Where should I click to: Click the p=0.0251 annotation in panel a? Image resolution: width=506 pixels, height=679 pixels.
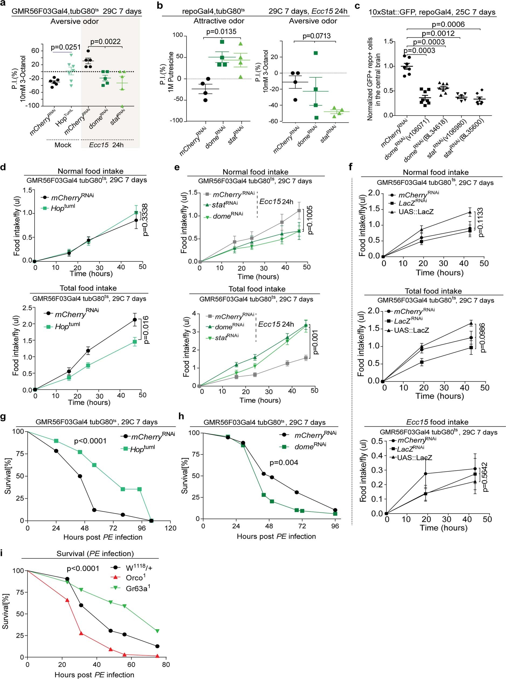tap(66, 47)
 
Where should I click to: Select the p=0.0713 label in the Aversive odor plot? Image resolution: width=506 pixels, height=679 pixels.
tap(316, 36)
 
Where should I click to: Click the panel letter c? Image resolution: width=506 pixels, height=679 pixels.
tap(357, 5)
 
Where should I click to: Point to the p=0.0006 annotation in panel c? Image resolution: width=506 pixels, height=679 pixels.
tap(448, 24)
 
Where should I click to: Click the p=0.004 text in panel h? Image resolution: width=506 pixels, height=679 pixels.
tap(284, 462)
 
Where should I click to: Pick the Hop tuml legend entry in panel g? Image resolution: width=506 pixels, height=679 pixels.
tap(142, 449)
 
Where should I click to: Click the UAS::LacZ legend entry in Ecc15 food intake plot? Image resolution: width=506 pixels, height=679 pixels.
tap(415, 458)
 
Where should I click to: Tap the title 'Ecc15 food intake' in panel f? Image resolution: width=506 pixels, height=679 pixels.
tap(437, 422)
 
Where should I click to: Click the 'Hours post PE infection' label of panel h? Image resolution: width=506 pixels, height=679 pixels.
tap(276, 536)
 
